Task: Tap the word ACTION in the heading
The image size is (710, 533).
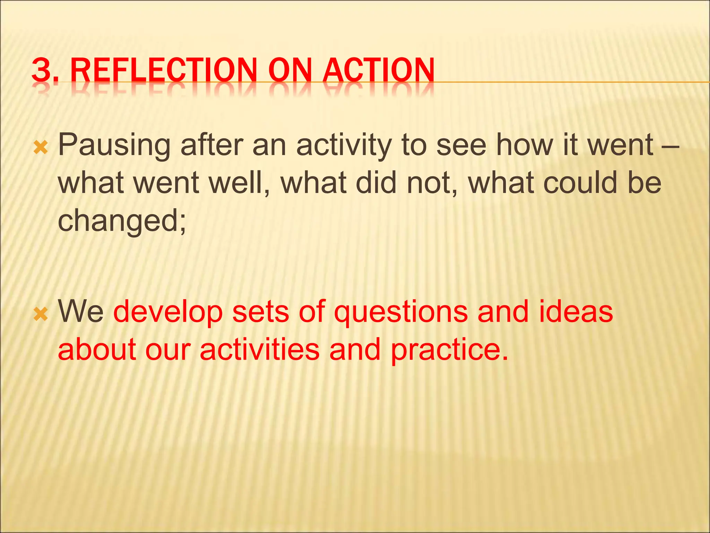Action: coord(378,71)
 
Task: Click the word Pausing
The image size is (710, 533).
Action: coord(114,145)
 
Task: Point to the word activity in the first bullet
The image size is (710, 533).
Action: coord(344,145)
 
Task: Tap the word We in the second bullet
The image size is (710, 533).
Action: coord(81,312)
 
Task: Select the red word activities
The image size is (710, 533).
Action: coord(260,349)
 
